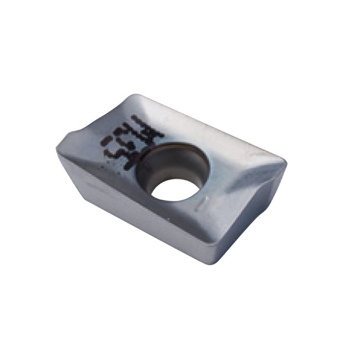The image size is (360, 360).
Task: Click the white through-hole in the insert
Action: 174,189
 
